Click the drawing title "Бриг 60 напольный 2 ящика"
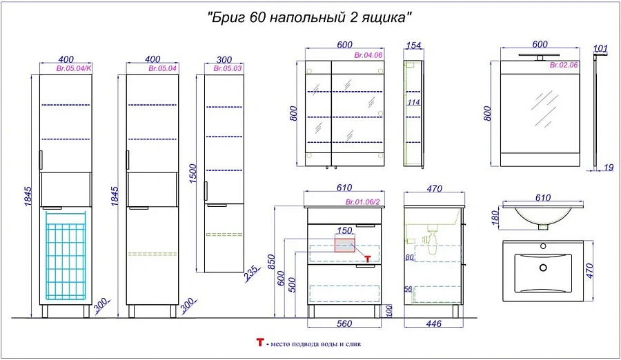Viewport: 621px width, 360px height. click(310, 18)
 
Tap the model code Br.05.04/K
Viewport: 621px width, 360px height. click(74, 68)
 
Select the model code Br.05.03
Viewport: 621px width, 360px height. click(227, 68)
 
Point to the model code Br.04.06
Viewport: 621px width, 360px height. click(368, 55)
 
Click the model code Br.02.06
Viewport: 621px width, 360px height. click(564, 65)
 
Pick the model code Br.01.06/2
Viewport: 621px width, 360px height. click(362, 202)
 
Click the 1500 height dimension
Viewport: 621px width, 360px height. click(193, 174)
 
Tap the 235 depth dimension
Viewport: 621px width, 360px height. click(253, 273)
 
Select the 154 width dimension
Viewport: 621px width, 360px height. click(413, 45)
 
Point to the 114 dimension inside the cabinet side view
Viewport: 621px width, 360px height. click(413, 102)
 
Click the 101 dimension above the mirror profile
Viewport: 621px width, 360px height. click(600, 48)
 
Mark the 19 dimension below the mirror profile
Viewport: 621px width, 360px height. click(609, 167)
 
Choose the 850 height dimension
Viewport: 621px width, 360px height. click(271, 262)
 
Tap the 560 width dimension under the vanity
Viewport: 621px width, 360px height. click(344, 323)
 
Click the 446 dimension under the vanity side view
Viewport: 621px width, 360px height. click(434, 323)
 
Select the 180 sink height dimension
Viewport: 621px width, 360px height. click(495, 217)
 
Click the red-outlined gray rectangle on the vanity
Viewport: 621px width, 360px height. click(345, 245)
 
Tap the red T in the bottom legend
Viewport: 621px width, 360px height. click(260, 342)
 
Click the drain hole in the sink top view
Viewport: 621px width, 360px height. click(544, 268)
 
